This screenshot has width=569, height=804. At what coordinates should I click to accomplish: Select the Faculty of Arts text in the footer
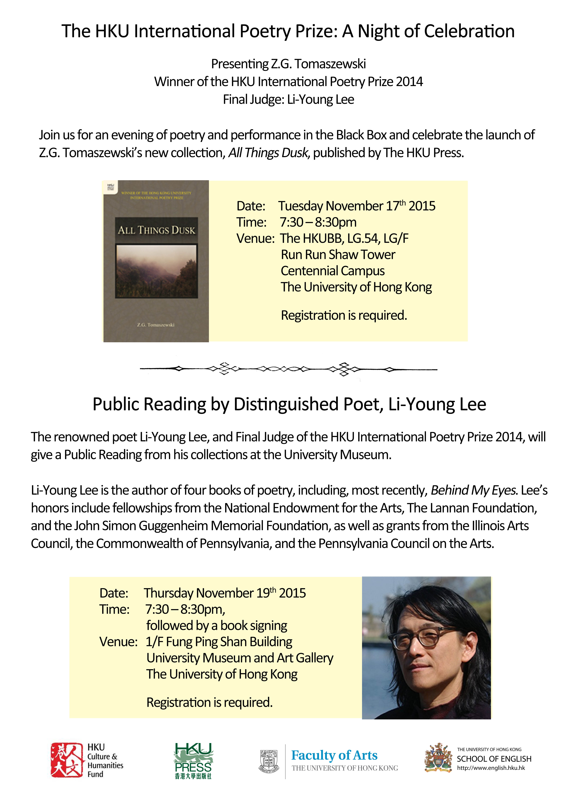[334, 755]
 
